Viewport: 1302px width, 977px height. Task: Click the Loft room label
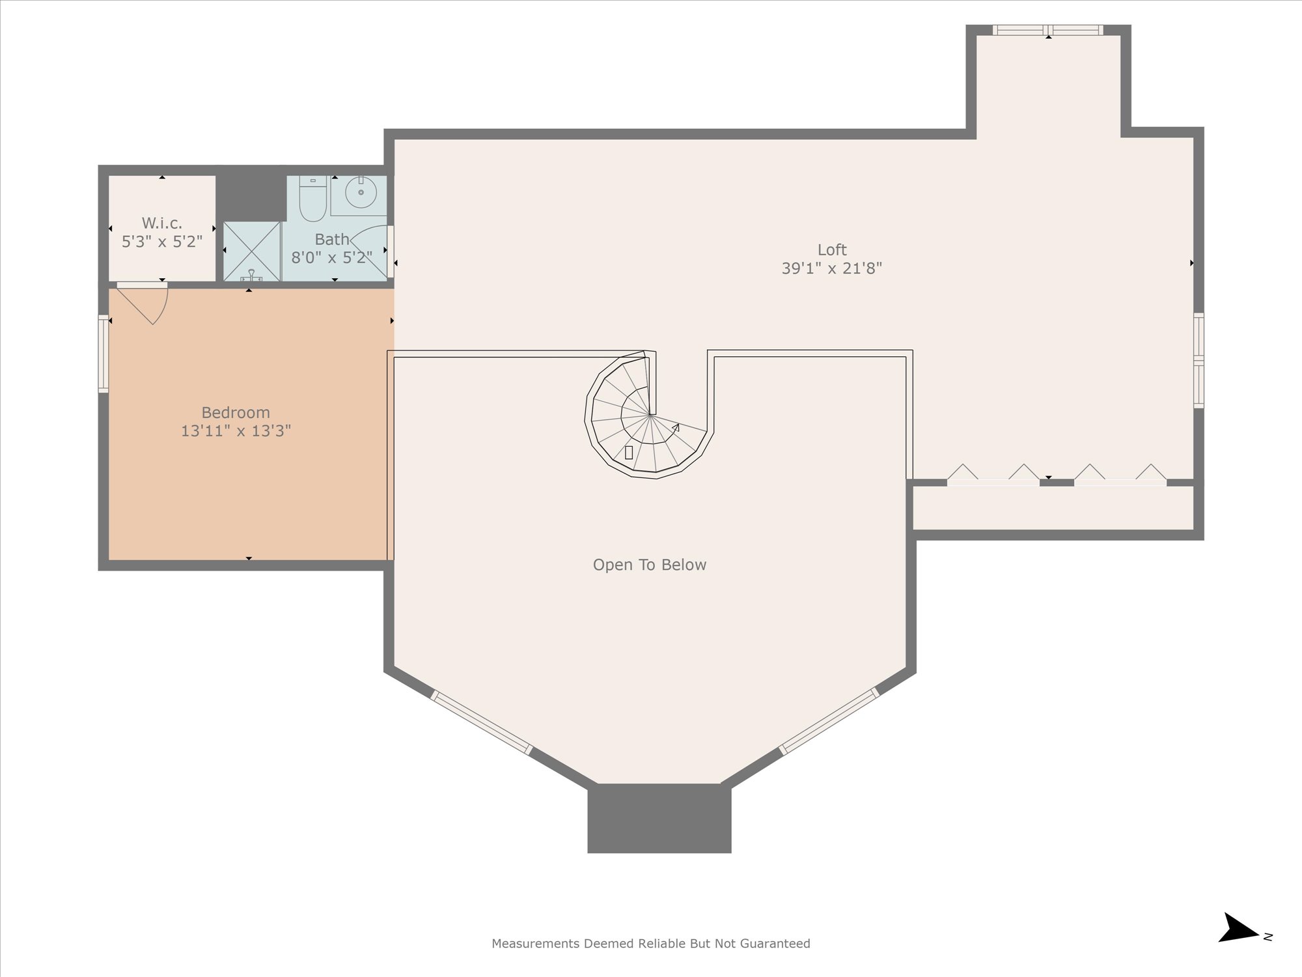[831, 250]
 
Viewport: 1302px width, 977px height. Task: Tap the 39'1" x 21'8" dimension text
[831, 268]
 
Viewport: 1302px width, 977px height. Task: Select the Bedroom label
[235, 413]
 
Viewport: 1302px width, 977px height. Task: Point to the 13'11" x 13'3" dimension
[235, 431]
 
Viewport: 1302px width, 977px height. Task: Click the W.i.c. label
[161, 223]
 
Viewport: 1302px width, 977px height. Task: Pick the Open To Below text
[649, 565]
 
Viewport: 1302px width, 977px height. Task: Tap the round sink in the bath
[360, 193]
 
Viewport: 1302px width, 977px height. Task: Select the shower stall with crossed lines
[252, 251]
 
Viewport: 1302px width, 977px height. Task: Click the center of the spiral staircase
[649, 414]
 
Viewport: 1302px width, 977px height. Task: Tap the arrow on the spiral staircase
[676, 428]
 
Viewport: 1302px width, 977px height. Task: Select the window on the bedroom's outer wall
[103, 354]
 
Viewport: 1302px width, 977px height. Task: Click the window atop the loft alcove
[1047, 30]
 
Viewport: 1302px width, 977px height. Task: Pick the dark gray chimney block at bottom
[659, 819]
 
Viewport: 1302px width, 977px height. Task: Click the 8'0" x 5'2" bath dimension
[331, 258]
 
